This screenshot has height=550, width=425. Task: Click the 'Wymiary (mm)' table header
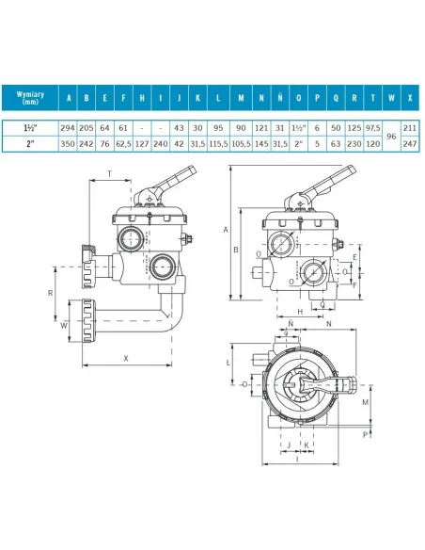click(x=33, y=97)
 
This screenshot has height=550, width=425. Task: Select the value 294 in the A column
click(x=69, y=126)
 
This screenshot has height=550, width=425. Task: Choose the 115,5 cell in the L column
click(x=218, y=144)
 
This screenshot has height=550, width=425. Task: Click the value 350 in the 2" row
click(x=69, y=144)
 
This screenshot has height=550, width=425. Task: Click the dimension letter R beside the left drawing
click(x=49, y=294)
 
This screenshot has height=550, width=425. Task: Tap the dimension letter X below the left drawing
click(x=125, y=359)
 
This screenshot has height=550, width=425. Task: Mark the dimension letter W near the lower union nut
click(x=52, y=329)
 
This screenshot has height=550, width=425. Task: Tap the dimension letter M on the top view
click(x=363, y=402)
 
